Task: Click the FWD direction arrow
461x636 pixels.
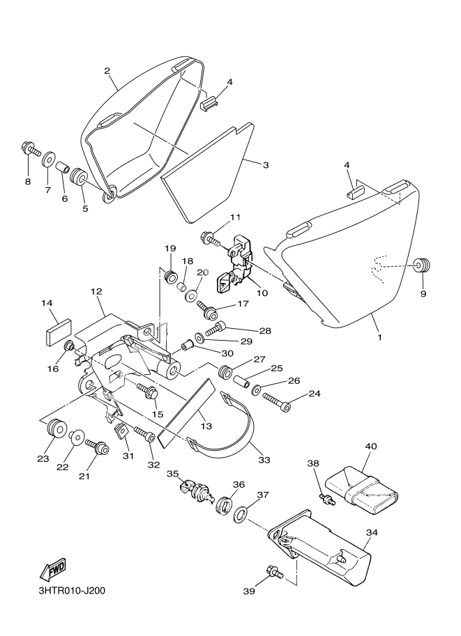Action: coord(53,570)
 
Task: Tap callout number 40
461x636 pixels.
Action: coord(370,446)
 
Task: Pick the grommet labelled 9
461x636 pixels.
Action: coord(421,266)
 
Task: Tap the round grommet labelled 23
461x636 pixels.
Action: coord(54,429)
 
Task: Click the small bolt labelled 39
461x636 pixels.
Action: coord(273,573)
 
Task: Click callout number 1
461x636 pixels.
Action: coord(379,338)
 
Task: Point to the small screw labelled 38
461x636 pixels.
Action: coord(326,498)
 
